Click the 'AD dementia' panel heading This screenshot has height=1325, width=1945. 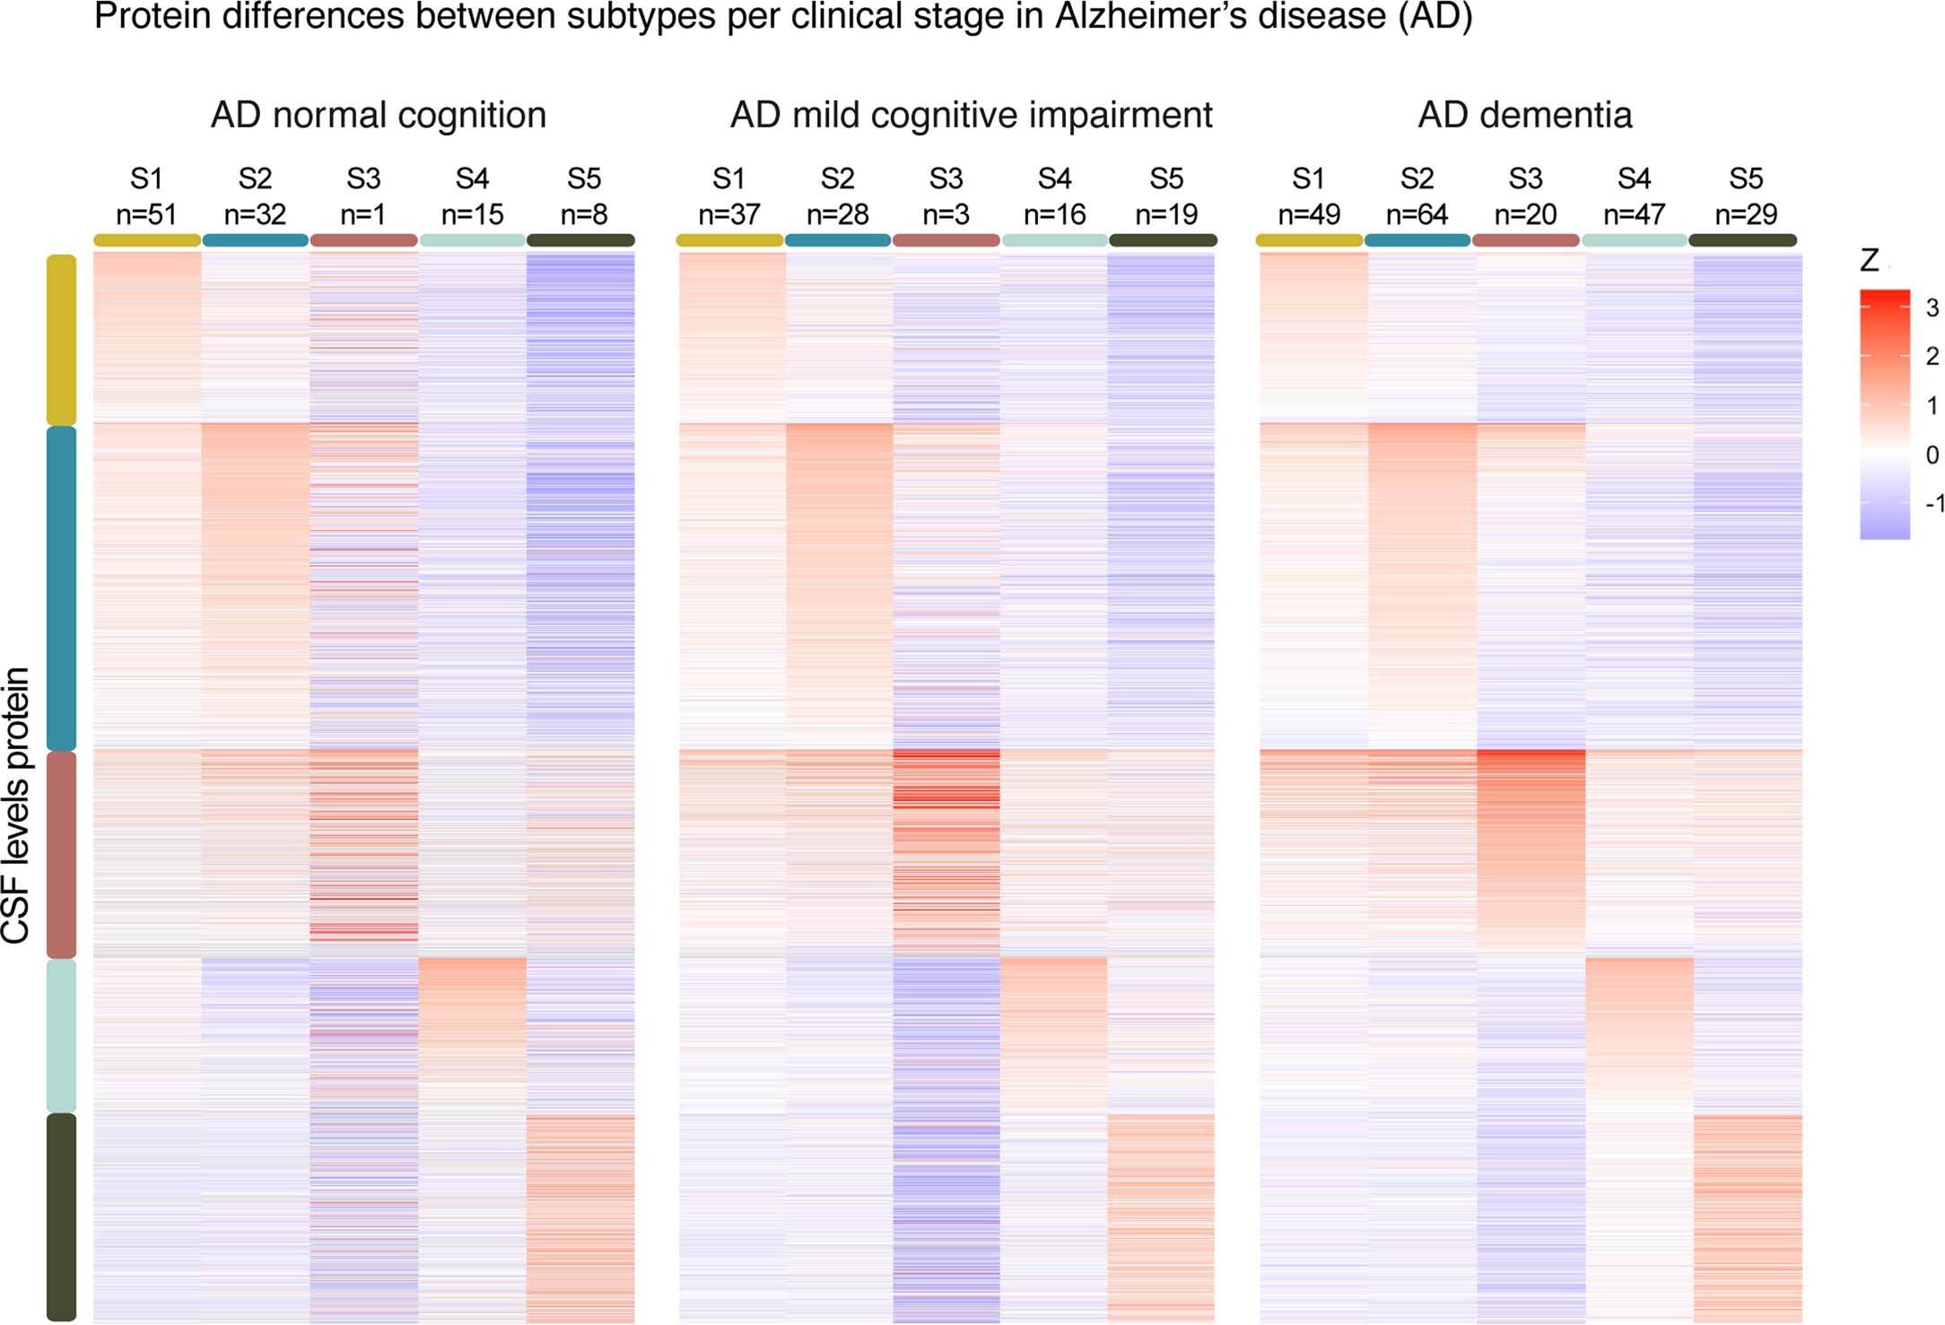point(1524,115)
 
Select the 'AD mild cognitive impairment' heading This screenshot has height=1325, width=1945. point(971,115)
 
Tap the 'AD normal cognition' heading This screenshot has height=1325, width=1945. point(378,115)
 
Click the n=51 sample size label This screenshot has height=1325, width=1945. point(146,214)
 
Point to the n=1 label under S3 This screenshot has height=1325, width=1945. point(363,214)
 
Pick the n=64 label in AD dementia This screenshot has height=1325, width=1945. point(1417,214)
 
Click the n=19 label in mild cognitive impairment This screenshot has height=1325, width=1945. point(1165,214)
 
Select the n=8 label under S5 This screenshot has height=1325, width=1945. point(583,214)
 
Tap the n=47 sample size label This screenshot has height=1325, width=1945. point(1634,214)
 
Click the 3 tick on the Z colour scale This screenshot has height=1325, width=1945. point(1932,308)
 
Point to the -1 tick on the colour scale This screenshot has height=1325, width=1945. point(1933,503)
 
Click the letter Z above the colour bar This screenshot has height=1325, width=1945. point(1869,261)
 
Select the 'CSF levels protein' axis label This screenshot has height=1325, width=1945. point(16,805)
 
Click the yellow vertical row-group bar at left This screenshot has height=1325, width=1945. point(61,339)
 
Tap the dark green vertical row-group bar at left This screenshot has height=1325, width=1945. point(61,1216)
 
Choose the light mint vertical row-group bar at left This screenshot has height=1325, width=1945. point(61,1035)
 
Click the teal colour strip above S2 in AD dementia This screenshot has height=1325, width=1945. point(1417,240)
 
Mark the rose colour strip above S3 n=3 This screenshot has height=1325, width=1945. point(946,240)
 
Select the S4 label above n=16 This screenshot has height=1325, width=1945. point(1054,179)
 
